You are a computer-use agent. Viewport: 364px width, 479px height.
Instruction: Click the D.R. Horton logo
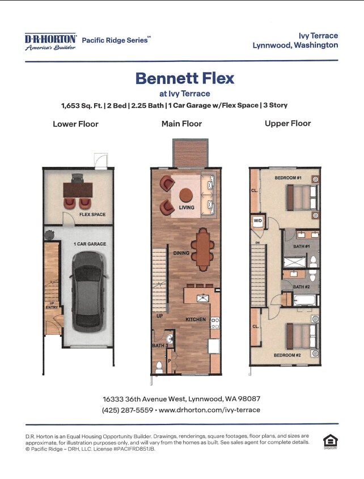pos(50,41)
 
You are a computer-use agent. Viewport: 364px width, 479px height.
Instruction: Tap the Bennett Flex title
pos(185,78)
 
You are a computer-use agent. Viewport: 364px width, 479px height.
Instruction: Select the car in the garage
pos(88,292)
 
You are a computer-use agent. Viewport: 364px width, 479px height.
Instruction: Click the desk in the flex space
pos(78,190)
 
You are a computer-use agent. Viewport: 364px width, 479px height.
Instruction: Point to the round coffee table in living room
pos(185,195)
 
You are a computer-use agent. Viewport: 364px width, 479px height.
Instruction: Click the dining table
pos(202,249)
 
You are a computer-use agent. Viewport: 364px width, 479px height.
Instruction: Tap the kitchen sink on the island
pos(202,298)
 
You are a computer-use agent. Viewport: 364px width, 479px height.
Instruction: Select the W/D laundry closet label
pos(258,221)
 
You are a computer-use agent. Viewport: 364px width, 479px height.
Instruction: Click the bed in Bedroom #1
pos(302,198)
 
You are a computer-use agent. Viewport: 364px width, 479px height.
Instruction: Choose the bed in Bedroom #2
pos(302,336)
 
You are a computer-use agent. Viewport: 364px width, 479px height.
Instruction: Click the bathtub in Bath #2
pos(305,300)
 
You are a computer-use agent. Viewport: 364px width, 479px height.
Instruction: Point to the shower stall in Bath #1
pos(294,262)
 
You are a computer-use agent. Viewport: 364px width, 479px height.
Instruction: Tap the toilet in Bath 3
pos(159,367)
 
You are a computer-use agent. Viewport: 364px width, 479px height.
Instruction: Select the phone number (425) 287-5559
pos(127,410)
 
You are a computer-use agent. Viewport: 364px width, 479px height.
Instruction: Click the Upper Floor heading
pos(287,123)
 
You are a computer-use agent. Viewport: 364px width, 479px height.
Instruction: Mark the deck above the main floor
pos(190,153)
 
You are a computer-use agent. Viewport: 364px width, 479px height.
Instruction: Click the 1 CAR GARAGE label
pos(90,244)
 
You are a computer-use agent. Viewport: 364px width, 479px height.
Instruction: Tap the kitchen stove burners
pos(215,323)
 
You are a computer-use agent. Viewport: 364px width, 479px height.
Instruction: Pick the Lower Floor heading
pos(75,124)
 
